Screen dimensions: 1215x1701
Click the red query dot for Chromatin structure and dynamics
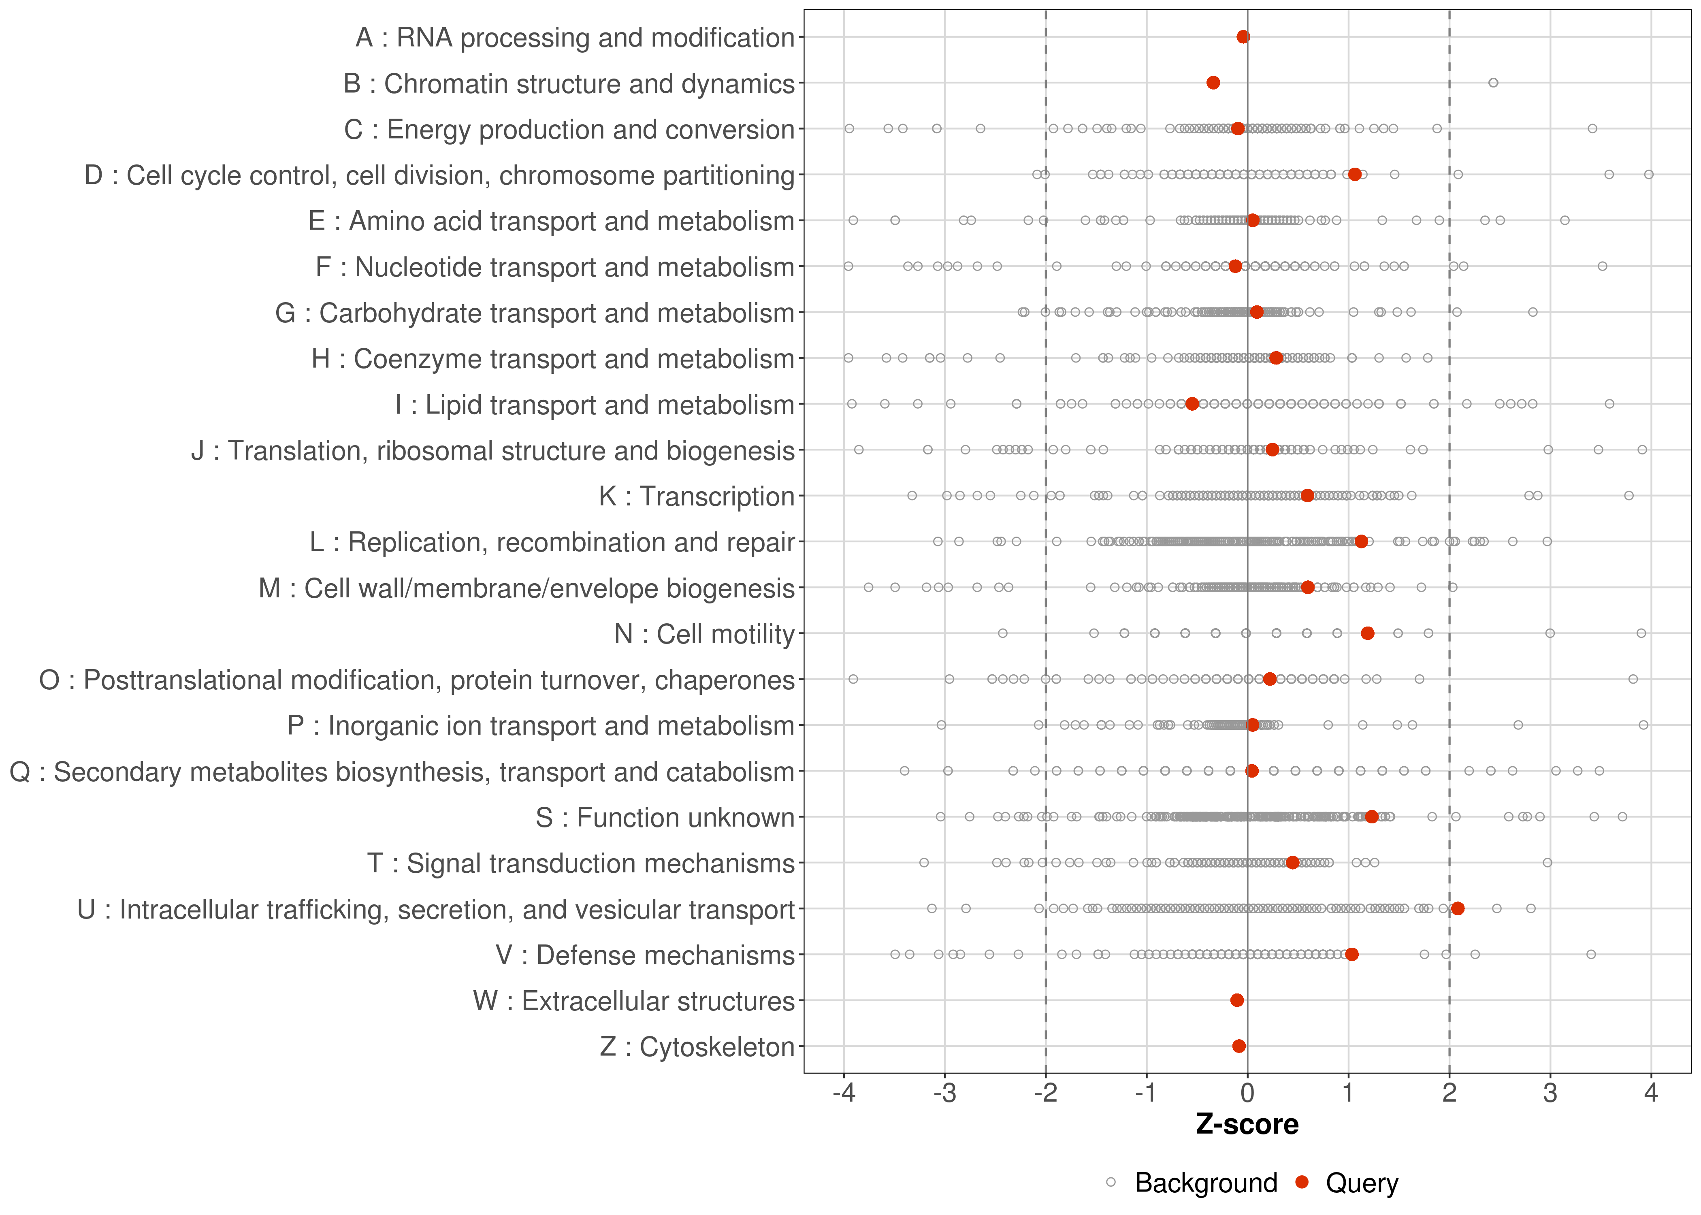tap(1213, 83)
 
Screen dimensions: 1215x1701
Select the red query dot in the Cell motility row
tap(1367, 634)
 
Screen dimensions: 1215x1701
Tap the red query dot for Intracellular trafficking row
tap(1457, 908)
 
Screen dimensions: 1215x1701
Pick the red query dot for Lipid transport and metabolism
tap(1192, 404)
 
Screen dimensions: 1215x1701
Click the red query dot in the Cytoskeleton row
tap(1239, 1046)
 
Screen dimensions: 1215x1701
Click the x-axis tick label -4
tap(844, 1094)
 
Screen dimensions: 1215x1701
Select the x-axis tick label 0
tap(1247, 1094)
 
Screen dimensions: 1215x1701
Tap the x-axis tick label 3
tap(1550, 1094)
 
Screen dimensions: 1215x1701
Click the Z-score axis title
tap(1247, 1124)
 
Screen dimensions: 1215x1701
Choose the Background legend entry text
tap(1206, 1183)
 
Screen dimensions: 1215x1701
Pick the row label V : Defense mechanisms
tap(645, 955)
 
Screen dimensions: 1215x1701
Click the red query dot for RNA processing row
tap(1243, 37)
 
